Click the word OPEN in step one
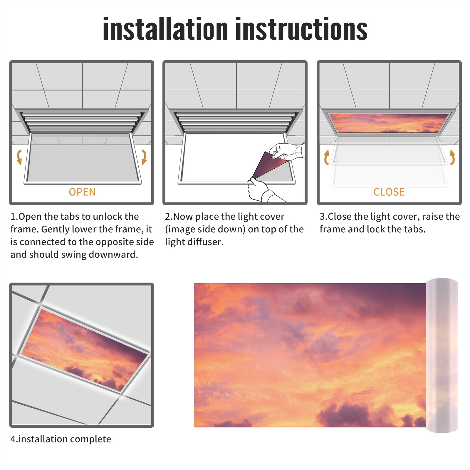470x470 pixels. pos(82,192)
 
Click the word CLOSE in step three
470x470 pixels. pos(389,192)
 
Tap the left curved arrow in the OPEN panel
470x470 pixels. pos(19,157)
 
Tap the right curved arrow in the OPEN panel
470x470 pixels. pos(144,157)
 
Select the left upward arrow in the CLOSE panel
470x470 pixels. pos(326,157)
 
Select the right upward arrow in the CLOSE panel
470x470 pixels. pos(452,157)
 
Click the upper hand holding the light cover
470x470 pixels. pos(286,151)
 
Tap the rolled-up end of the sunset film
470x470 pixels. pos(442,355)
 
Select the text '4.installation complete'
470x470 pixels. pos(61,439)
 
